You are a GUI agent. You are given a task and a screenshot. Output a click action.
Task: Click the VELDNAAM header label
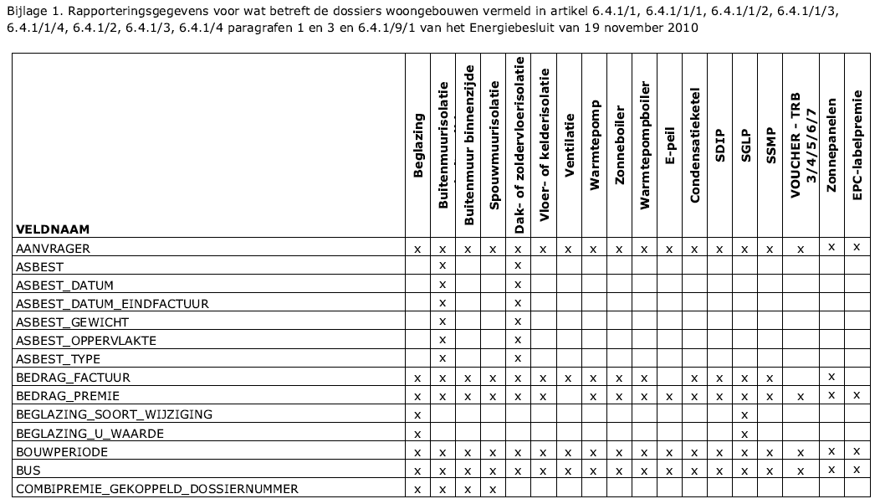point(52,229)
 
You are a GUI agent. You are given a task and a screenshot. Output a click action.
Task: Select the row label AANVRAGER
point(53,249)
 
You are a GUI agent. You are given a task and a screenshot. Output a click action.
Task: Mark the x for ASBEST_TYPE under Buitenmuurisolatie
point(443,358)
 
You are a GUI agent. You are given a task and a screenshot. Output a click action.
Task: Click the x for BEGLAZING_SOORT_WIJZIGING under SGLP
point(744,414)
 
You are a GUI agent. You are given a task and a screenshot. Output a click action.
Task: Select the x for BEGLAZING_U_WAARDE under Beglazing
point(417,433)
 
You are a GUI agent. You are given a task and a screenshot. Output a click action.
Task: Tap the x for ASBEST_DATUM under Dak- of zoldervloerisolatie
point(518,285)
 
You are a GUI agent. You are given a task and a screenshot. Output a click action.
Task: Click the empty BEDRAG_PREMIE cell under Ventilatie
point(569,396)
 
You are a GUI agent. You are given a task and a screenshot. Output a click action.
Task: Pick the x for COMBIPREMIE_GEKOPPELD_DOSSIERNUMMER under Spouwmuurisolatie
point(493,489)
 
